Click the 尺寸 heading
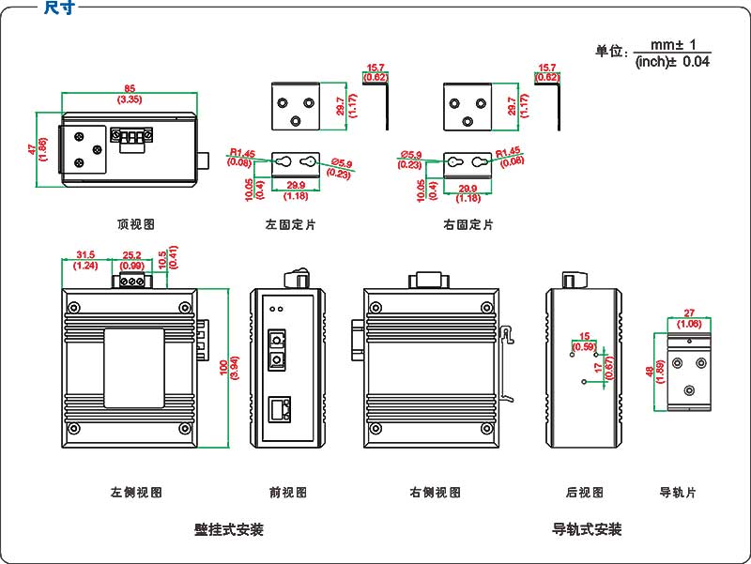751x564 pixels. pos(59,8)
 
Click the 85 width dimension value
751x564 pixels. pos(129,88)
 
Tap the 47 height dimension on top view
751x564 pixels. pos(32,148)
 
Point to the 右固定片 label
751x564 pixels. pos(467,225)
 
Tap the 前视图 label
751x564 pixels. pos(287,492)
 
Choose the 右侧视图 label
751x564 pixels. pos(435,492)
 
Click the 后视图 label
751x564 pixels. pos(584,492)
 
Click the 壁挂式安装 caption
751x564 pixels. pos(229,529)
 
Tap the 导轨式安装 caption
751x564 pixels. pos(587,529)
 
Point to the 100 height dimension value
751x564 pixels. pos(222,369)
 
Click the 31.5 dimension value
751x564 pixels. pos(85,255)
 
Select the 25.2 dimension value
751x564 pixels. pos(132,255)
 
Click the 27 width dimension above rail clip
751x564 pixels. pos(689,313)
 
